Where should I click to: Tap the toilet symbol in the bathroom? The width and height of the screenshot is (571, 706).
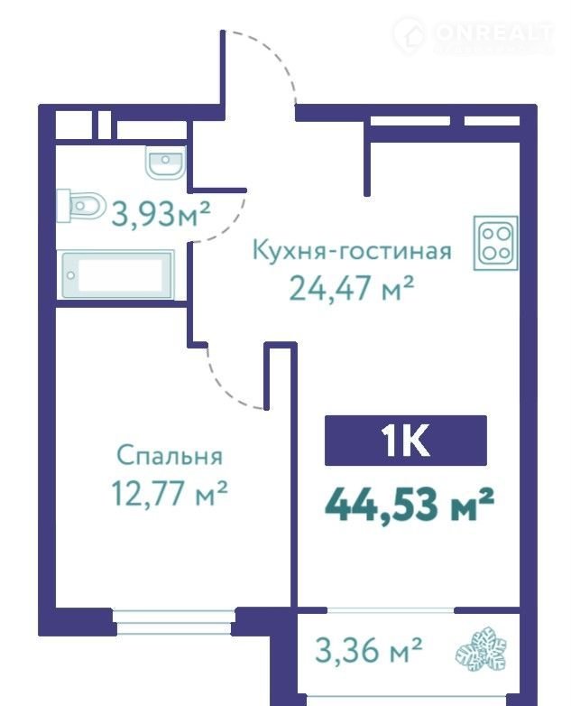click(x=81, y=207)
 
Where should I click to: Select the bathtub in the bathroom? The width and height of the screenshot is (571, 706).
click(x=117, y=274)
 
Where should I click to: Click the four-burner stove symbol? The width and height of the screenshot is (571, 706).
click(x=495, y=243)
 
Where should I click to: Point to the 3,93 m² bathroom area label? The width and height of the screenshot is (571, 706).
click(x=161, y=214)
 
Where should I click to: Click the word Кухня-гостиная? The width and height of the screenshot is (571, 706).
click(x=352, y=250)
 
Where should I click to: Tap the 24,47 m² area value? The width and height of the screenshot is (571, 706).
click(x=351, y=289)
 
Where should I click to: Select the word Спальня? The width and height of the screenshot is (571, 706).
click(x=170, y=456)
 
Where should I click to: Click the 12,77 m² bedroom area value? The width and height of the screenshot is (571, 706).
click(x=170, y=493)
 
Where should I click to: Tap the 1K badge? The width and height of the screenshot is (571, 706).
click(x=406, y=441)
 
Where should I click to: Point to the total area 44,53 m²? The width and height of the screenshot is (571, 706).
click(x=410, y=505)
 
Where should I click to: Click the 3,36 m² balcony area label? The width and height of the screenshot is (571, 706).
click(x=369, y=651)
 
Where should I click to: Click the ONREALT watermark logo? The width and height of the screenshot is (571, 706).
click(x=473, y=35)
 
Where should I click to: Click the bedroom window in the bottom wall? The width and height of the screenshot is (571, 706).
click(x=174, y=622)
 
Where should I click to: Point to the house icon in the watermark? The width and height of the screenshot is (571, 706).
click(x=409, y=35)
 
